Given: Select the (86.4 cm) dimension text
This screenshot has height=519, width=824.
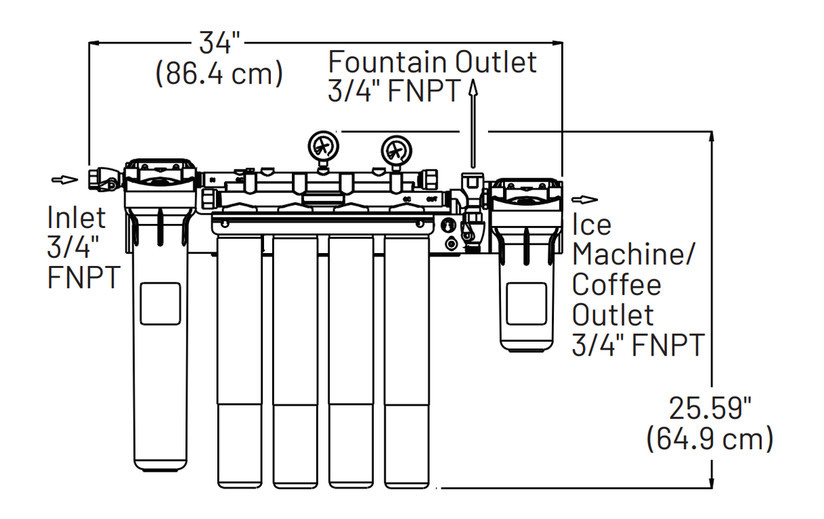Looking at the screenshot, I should pos(219,73).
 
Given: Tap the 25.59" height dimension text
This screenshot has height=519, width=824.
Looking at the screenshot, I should pos(710,409).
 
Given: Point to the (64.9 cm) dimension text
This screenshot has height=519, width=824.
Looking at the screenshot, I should pos(709,439).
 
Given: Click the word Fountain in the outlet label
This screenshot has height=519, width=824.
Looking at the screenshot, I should pos(388,62).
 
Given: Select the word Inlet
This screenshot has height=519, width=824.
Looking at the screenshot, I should pos(77,218).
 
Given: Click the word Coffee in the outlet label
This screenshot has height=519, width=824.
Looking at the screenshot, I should pos(616,284).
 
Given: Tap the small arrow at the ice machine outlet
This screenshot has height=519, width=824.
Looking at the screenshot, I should pos(584,199).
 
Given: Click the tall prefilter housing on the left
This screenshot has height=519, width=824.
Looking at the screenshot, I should pos(160,339).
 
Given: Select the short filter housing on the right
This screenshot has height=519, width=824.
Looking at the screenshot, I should pos(526,285).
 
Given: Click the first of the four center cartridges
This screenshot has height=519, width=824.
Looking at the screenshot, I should pos(239,360).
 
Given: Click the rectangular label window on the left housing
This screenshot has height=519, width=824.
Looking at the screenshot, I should pos(160,304).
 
